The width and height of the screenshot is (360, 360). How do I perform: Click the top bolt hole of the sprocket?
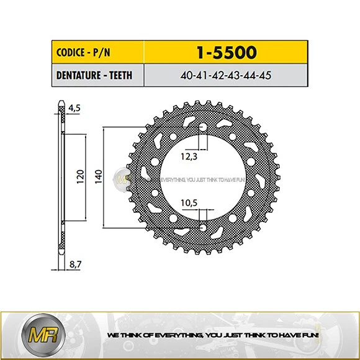pos(203,128)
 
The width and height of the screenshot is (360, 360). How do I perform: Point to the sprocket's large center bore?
pos(203,178)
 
